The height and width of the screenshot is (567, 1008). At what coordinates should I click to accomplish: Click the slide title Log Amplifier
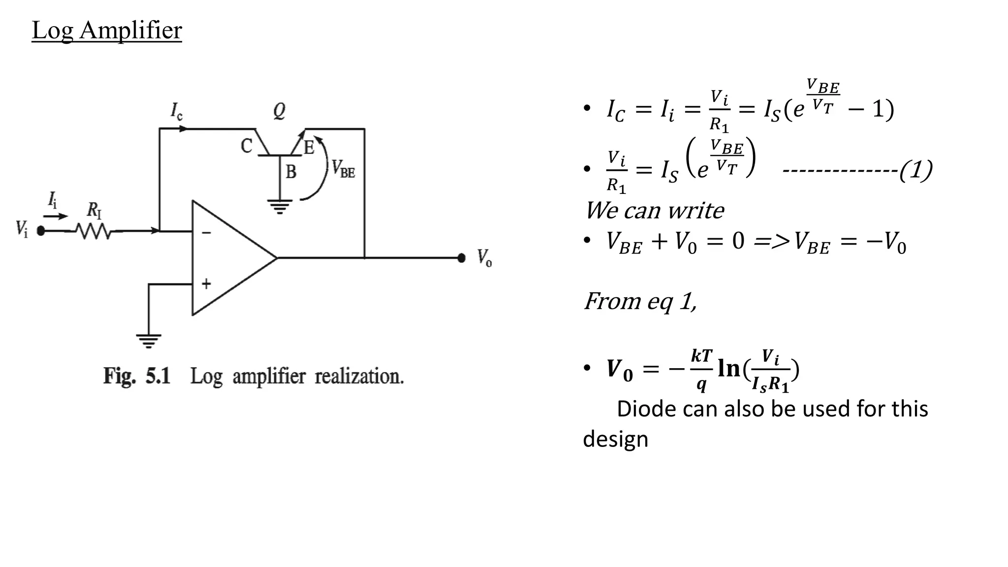click(106, 31)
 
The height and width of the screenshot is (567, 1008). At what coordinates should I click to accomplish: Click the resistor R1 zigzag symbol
click(94, 231)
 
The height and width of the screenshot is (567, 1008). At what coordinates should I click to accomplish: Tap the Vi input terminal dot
click(41, 231)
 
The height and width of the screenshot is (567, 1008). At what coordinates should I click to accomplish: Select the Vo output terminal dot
click(461, 258)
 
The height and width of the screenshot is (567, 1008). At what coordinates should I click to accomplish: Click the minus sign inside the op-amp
click(207, 232)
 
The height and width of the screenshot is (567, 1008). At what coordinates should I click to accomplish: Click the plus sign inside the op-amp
click(207, 283)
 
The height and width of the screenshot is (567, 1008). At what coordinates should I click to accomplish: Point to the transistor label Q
click(279, 111)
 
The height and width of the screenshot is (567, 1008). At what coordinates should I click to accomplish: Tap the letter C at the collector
click(246, 146)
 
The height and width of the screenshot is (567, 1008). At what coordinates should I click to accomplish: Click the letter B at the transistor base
click(291, 172)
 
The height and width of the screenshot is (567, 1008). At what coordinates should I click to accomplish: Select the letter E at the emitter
click(309, 148)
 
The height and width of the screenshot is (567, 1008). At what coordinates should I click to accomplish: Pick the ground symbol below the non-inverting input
click(149, 341)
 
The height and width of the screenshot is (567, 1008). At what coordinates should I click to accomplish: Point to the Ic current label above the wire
click(176, 111)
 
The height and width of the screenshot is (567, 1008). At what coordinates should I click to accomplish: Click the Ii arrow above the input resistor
click(56, 216)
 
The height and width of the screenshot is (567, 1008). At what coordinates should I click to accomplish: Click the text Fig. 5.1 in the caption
click(136, 377)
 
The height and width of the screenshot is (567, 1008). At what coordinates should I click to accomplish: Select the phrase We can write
click(654, 211)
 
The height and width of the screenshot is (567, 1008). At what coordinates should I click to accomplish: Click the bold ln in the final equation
click(729, 368)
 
